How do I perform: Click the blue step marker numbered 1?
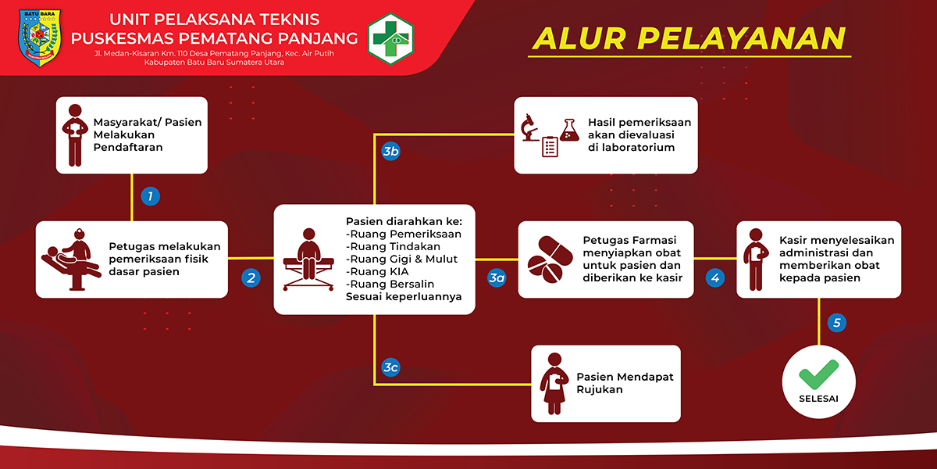tap(150, 196)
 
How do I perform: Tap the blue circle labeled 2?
tap(251, 277)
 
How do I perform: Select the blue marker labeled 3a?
tap(497, 277)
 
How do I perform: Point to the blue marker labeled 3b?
tap(390, 151)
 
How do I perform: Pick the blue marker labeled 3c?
tap(390, 367)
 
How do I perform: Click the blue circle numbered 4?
tap(715, 277)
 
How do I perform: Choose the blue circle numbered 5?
tap(836, 323)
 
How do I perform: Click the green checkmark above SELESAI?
tap(818, 374)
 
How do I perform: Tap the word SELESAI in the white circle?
tap(818, 399)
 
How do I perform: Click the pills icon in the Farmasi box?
tap(550, 260)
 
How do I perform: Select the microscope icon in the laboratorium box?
tap(529, 127)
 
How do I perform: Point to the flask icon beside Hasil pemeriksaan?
tap(569, 130)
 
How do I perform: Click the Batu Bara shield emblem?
tap(40, 38)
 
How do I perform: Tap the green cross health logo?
tap(390, 38)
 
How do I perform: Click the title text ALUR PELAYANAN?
tap(689, 38)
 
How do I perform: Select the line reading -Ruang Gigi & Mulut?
tap(401, 259)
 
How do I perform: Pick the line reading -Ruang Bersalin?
tap(390, 284)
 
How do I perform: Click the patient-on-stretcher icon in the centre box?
tap(308, 260)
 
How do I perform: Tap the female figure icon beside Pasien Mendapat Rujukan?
tap(554, 384)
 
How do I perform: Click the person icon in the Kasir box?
tap(756, 260)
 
